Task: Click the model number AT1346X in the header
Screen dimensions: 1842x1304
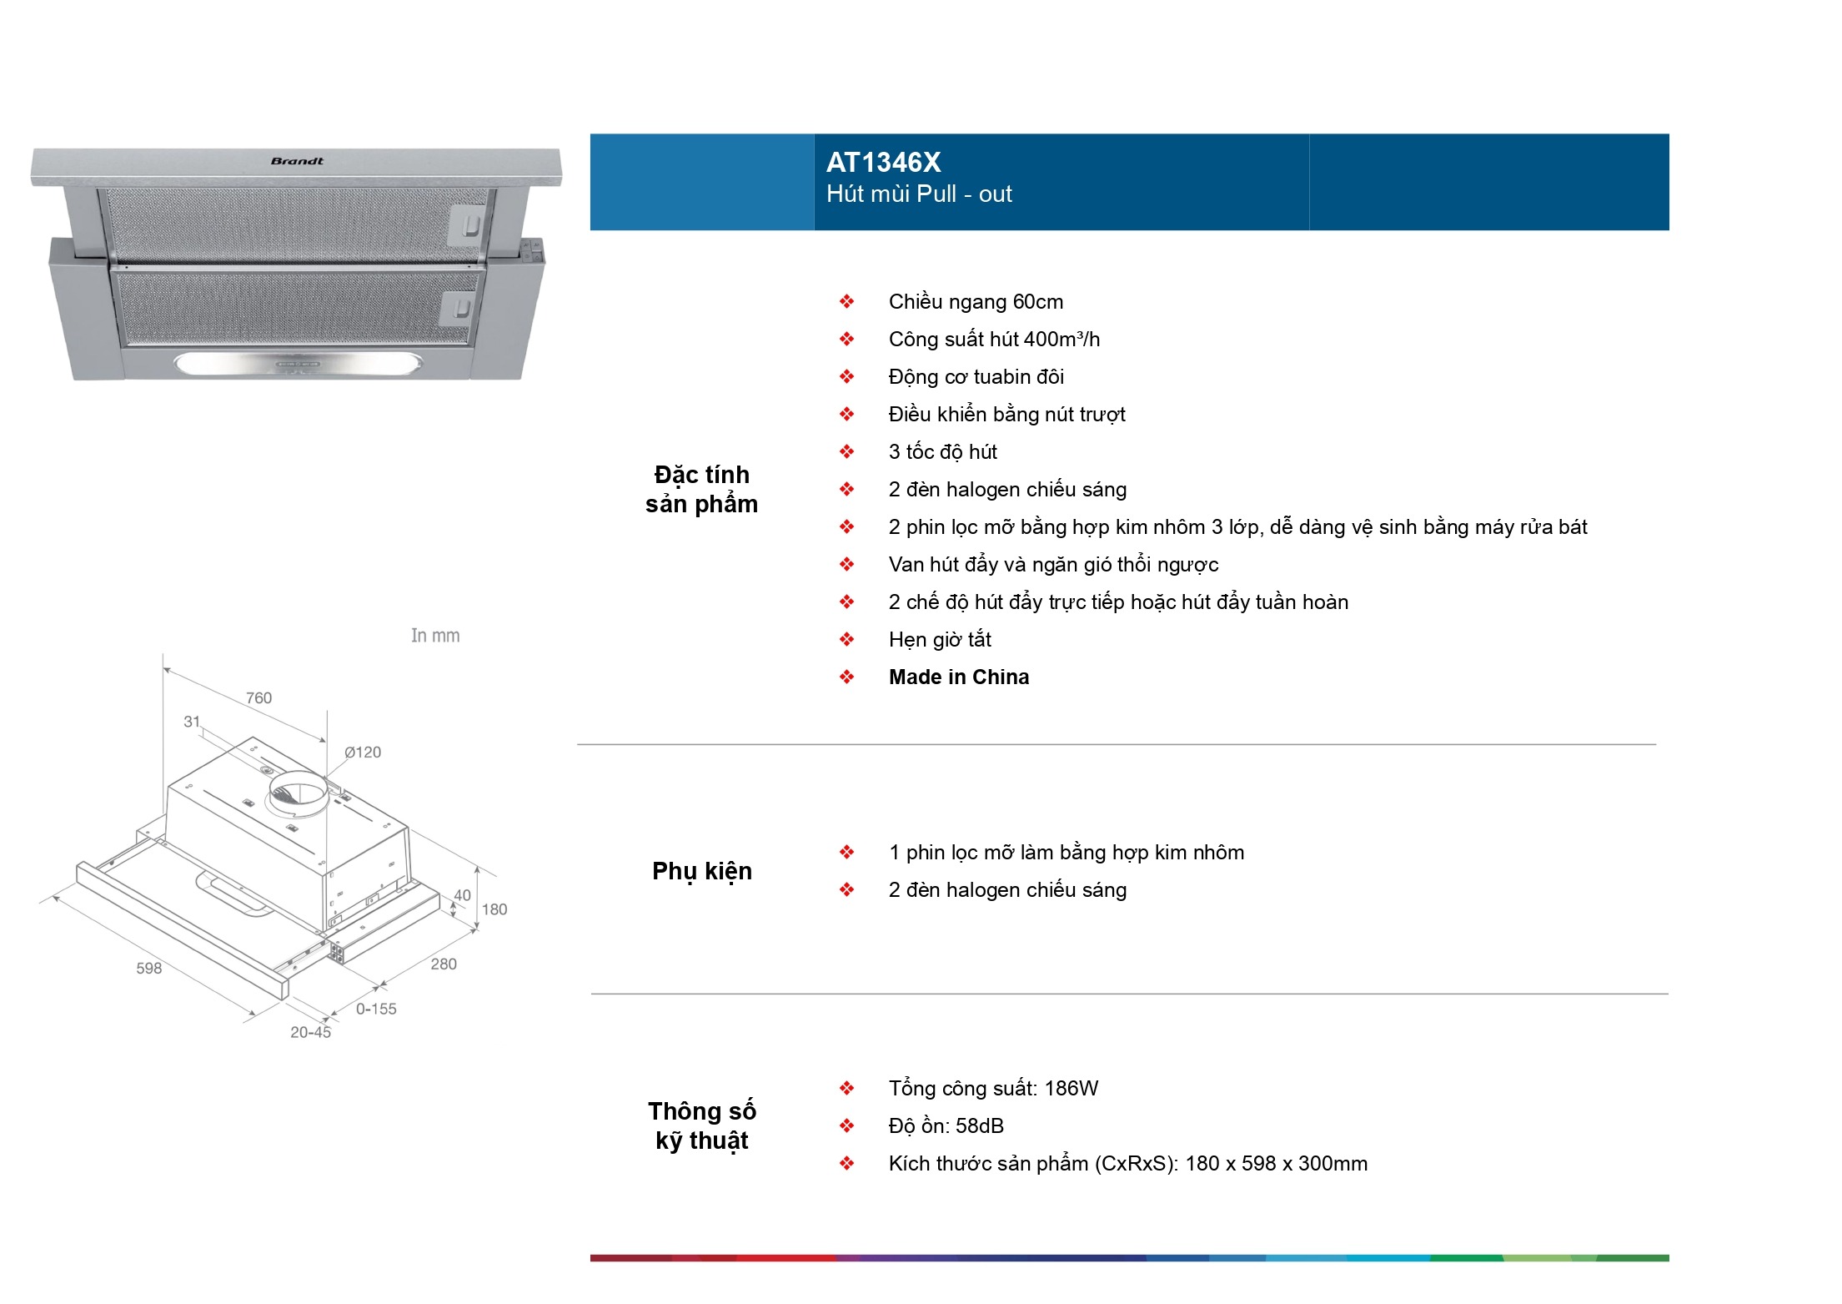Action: [x=883, y=162]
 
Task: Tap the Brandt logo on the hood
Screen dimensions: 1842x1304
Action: [x=297, y=161]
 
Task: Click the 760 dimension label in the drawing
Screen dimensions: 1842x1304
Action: [x=258, y=697]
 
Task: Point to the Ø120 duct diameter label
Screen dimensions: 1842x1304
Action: [x=363, y=753]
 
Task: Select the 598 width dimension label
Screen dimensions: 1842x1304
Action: [x=149, y=968]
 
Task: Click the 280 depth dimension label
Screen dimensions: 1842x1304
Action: [x=444, y=964]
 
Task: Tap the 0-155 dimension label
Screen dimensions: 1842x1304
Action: [x=376, y=1009]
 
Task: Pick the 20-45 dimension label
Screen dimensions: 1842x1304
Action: [x=310, y=1032]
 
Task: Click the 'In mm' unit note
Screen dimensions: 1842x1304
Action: [x=435, y=636]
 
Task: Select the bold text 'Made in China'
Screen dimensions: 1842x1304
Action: [x=959, y=677]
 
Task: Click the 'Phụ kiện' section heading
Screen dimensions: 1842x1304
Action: [x=702, y=871]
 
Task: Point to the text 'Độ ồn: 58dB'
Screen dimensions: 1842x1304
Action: [x=946, y=1125]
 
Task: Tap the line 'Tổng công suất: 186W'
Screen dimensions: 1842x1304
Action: [x=993, y=1088]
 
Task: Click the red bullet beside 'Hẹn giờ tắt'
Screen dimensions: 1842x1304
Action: [x=847, y=639]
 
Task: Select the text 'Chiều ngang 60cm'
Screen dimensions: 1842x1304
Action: [x=976, y=301]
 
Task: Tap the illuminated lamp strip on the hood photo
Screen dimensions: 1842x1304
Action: [x=298, y=364]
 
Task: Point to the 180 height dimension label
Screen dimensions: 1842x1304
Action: [x=494, y=909]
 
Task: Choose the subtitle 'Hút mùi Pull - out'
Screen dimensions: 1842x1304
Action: [x=919, y=194]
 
